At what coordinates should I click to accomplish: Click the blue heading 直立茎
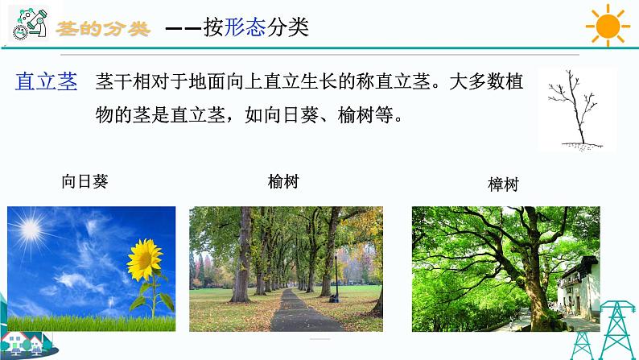pos(47,81)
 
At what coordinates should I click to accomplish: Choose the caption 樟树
pos(504,184)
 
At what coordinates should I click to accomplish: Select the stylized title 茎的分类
pos(104,28)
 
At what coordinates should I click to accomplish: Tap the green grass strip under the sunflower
pos(89,321)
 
